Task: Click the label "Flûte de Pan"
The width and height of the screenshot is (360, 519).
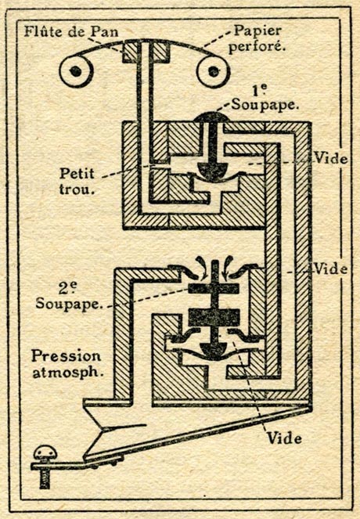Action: (x=71, y=32)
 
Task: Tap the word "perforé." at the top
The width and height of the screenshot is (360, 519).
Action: (x=257, y=47)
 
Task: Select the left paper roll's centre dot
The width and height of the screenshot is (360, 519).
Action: (x=76, y=71)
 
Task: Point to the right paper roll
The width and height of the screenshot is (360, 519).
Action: (x=213, y=70)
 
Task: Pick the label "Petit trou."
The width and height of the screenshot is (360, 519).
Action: (x=77, y=182)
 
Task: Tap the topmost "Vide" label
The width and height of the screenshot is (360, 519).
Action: (x=330, y=159)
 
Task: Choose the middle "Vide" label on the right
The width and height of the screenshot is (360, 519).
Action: (x=330, y=269)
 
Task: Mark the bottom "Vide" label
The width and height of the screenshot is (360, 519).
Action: (x=284, y=438)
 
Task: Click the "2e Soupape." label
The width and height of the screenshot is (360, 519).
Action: (x=68, y=296)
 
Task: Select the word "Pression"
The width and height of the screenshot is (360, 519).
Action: (x=67, y=356)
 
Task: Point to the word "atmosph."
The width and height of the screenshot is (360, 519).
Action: (x=68, y=373)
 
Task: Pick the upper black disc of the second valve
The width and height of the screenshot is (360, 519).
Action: (x=213, y=289)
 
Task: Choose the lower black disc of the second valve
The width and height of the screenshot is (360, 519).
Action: (x=214, y=317)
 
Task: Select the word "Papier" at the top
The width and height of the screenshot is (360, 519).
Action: (x=257, y=31)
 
